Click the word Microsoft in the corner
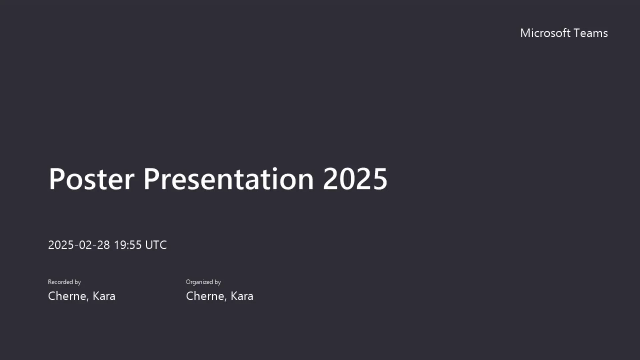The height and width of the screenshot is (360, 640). (545, 33)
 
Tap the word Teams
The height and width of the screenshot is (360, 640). (591, 33)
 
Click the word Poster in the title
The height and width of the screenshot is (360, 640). (92, 179)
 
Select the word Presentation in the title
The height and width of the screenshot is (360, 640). (229, 179)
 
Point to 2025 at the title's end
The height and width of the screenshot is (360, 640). (355, 179)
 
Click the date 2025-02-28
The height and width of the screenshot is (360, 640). (79, 245)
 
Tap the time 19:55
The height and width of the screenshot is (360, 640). (128, 245)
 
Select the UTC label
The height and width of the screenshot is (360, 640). (156, 245)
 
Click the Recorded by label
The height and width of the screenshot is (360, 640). (64, 282)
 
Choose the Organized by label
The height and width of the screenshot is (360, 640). (203, 282)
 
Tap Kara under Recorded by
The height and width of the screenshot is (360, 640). (104, 296)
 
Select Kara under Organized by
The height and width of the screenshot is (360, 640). (242, 296)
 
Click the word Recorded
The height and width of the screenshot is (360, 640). (60, 282)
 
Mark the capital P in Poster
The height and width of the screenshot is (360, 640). (57, 179)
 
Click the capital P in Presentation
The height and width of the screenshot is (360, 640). (151, 179)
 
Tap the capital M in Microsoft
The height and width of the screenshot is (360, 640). (525, 33)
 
